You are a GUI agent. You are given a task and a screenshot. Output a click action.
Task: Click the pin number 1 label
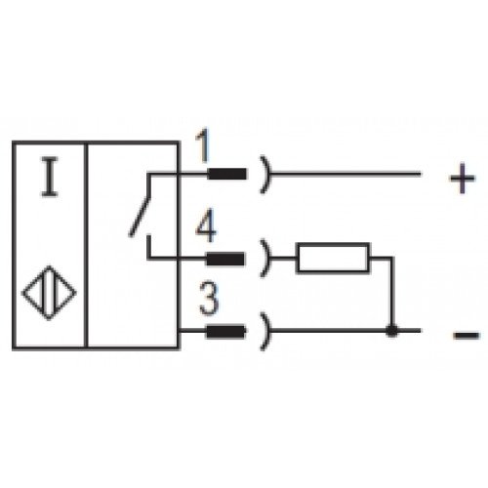203,145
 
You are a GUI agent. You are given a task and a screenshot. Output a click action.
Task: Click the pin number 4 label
206,225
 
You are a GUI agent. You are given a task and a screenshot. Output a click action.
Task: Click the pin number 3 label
209,299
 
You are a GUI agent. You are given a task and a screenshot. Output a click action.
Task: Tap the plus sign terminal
463,179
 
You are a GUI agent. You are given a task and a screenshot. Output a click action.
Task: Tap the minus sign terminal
467,335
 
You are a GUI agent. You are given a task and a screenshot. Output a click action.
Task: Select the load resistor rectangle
333,258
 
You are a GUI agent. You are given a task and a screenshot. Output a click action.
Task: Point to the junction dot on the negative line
392,331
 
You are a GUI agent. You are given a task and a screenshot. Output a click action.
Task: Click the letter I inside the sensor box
50,177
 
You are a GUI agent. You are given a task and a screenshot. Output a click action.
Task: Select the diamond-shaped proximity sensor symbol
49,293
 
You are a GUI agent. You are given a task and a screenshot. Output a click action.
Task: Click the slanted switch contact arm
140,217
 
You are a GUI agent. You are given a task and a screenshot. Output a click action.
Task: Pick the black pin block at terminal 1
226,174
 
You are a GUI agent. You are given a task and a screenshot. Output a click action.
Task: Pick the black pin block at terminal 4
224,260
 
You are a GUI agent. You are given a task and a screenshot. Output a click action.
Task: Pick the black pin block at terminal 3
225,332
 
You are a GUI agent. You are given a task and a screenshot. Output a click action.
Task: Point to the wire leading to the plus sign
346,175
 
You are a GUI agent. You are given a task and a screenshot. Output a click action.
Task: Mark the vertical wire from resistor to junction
392,292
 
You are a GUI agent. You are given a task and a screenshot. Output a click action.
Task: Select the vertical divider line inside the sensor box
86,245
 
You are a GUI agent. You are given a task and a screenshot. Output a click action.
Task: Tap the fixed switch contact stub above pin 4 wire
148,247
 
